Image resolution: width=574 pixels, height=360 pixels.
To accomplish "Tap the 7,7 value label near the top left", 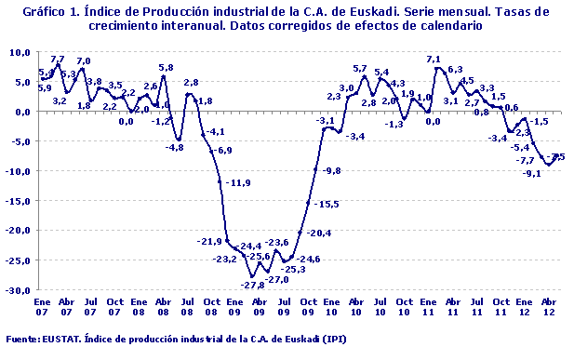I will coord(58,60).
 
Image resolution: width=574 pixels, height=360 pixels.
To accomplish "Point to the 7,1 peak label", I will coord(434,60).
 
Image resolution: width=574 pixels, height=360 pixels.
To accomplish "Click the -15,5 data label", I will coord(327,204).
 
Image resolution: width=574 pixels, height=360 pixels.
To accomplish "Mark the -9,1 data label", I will coord(532,173).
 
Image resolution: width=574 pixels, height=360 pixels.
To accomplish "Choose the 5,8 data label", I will coord(166,67).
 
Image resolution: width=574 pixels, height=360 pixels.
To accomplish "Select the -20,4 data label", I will coord(320,233).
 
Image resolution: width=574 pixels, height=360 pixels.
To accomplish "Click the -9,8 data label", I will coord(331,171).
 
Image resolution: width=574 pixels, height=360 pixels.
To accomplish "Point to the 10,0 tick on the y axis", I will coord(20,52).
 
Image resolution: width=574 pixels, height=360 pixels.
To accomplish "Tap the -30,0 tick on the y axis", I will coord(18,290).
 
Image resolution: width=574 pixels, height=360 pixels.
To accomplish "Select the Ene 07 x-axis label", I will coord(42,307).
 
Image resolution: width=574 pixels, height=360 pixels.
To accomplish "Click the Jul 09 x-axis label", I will coord(284,307).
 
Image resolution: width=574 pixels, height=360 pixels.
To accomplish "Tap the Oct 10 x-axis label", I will coord(406,307).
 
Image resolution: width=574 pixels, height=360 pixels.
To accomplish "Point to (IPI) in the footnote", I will coord(334,340).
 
